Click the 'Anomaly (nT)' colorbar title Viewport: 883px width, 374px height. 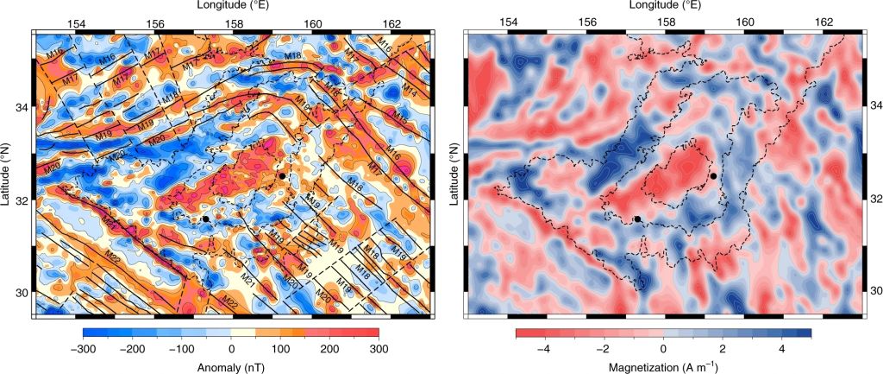(x=231, y=364)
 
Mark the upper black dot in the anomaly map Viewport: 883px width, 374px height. (x=282, y=176)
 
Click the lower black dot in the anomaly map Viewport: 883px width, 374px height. (x=206, y=219)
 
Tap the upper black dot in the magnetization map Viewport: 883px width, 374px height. (x=714, y=176)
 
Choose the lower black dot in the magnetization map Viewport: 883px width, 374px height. (x=637, y=219)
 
